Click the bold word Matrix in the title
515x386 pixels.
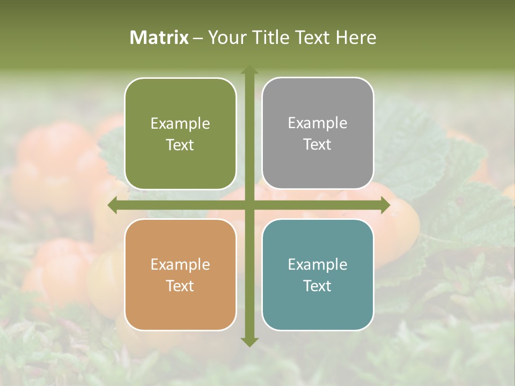click(x=159, y=38)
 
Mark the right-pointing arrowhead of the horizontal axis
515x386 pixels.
click(x=385, y=205)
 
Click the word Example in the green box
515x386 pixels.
click(x=180, y=124)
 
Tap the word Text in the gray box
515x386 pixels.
click(x=318, y=145)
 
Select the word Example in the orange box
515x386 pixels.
click(x=180, y=265)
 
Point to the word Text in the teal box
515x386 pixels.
click(x=318, y=286)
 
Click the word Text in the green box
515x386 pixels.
click(x=180, y=145)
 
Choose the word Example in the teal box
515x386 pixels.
click(x=318, y=265)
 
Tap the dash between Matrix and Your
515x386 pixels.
click(x=198, y=38)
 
